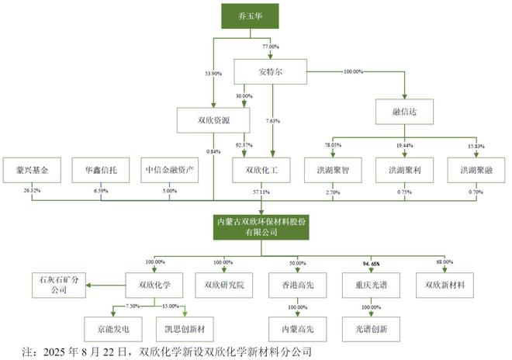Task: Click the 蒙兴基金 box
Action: [x=31, y=168]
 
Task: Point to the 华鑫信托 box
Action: [x=100, y=168]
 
